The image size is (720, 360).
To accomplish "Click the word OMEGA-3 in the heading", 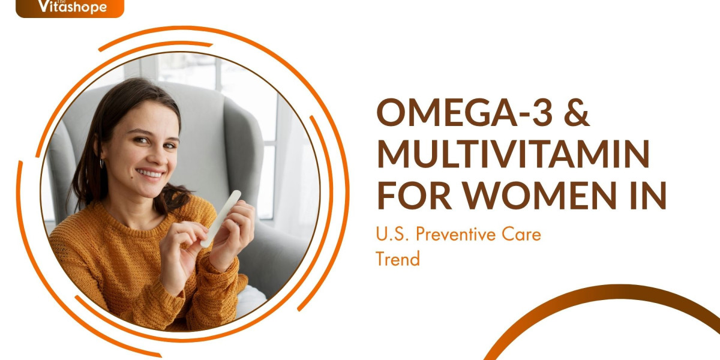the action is tap(464, 113).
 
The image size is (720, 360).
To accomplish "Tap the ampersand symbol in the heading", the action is tap(577, 113).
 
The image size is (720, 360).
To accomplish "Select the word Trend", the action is tap(398, 259).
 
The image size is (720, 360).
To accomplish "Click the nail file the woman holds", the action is tap(221, 218).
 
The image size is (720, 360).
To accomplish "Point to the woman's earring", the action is tap(101, 164).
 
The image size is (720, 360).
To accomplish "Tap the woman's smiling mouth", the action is tap(150, 173).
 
